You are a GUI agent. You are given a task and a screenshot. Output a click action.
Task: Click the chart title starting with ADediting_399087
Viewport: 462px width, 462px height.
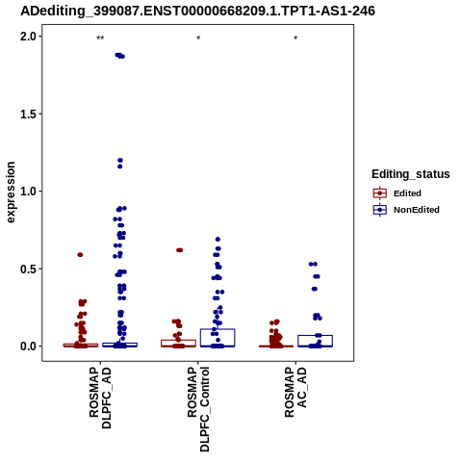pyautogui.click(x=197, y=12)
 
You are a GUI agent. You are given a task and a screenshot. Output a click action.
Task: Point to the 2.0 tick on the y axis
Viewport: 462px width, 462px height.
pyautogui.click(x=28, y=37)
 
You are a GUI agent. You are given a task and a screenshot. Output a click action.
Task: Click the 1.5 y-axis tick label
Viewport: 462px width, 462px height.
pyautogui.click(x=28, y=114)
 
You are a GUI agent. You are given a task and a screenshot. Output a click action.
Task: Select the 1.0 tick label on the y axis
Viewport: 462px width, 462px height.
pyautogui.click(x=28, y=192)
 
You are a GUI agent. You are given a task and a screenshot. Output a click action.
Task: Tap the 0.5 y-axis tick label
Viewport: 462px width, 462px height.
pyautogui.click(x=28, y=269)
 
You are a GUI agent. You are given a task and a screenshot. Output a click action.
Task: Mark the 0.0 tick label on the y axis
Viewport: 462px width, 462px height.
pyautogui.click(x=28, y=346)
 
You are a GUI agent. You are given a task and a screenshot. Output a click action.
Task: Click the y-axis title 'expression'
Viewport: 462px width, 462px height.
pyautogui.click(x=11, y=192)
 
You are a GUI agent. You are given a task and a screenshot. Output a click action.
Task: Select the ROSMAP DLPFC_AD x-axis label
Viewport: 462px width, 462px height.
pyautogui.click(x=100, y=398)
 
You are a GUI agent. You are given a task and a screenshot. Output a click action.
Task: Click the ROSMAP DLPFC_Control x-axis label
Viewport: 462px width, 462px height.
pyautogui.click(x=198, y=409)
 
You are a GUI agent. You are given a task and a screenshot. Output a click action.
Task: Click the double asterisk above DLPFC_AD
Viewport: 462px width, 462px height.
pyautogui.click(x=100, y=38)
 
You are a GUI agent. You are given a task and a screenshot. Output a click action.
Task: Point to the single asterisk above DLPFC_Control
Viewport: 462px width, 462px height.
pyautogui.click(x=198, y=38)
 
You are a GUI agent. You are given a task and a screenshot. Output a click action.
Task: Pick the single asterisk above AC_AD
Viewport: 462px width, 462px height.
pyautogui.click(x=295, y=38)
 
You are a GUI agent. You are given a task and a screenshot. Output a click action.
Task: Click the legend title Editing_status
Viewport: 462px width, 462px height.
pyautogui.click(x=411, y=174)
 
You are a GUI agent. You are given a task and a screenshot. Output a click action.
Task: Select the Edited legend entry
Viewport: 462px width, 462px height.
pyautogui.click(x=398, y=193)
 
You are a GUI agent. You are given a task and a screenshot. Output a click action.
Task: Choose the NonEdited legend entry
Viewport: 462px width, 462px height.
pyautogui.click(x=406, y=210)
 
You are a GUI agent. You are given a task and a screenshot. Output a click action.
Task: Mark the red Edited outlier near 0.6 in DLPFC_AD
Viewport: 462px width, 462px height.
pyautogui.click(x=80, y=255)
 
